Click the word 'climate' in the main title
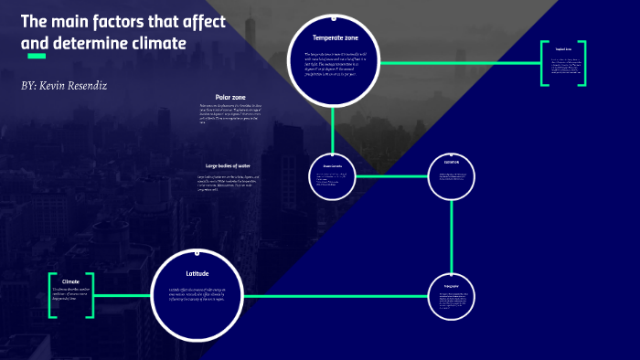click(158, 43)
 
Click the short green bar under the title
click(37, 57)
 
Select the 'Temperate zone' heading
click(335, 37)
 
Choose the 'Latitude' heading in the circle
click(197, 273)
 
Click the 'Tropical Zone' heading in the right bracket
click(562, 49)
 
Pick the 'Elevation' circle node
click(452, 174)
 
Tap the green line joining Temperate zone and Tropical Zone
click(457, 63)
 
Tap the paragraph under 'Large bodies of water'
click(229, 184)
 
